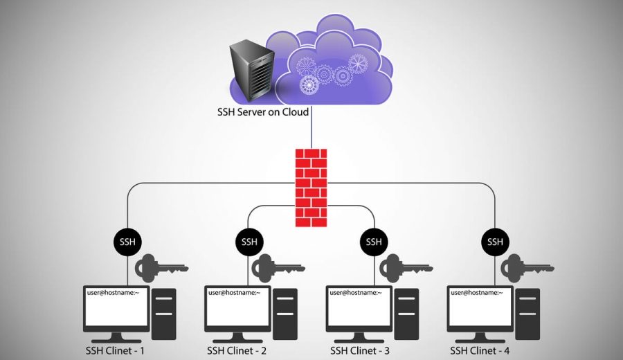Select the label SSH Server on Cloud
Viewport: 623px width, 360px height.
click(x=263, y=112)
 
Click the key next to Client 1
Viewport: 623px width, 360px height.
click(x=160, y=267)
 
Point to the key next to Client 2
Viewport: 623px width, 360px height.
click(x=281, y=267)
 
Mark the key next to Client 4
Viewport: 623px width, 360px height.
click(x=525, y=267)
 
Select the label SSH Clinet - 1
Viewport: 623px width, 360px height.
click(x=114, y=350)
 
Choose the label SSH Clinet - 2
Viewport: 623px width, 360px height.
click(x=236, y=350)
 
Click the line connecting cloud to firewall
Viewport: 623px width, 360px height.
click(x=311, y=132)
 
